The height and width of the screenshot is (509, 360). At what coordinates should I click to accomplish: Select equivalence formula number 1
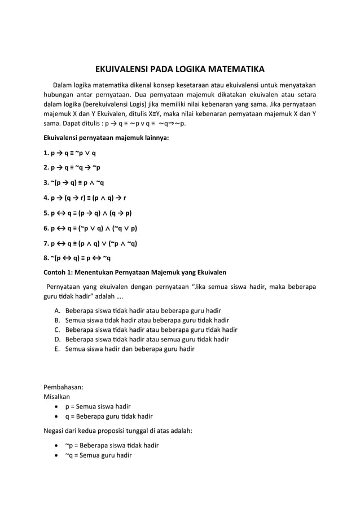(69, 152)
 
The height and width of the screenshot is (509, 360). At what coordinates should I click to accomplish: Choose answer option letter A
(58, 311)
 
